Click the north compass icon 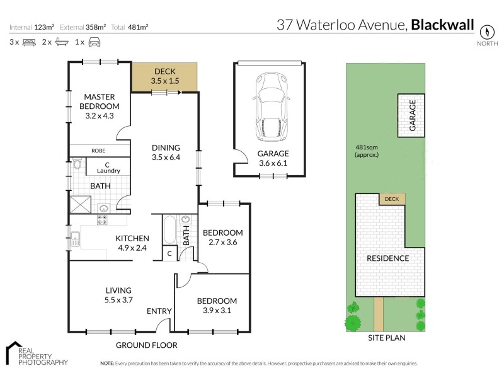coord(486,32)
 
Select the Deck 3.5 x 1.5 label coord(165,77)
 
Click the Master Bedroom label coord(99,106)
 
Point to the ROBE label coord(98,151)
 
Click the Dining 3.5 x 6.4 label coord(166,152)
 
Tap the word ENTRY coord(159,311)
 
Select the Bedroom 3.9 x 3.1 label coord(217,306)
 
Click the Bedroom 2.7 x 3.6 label coord(222,237)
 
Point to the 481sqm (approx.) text coord(367,151)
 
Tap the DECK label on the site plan coord(392,199)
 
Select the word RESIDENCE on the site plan coord(388,258)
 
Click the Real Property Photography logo coord(37,354)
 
